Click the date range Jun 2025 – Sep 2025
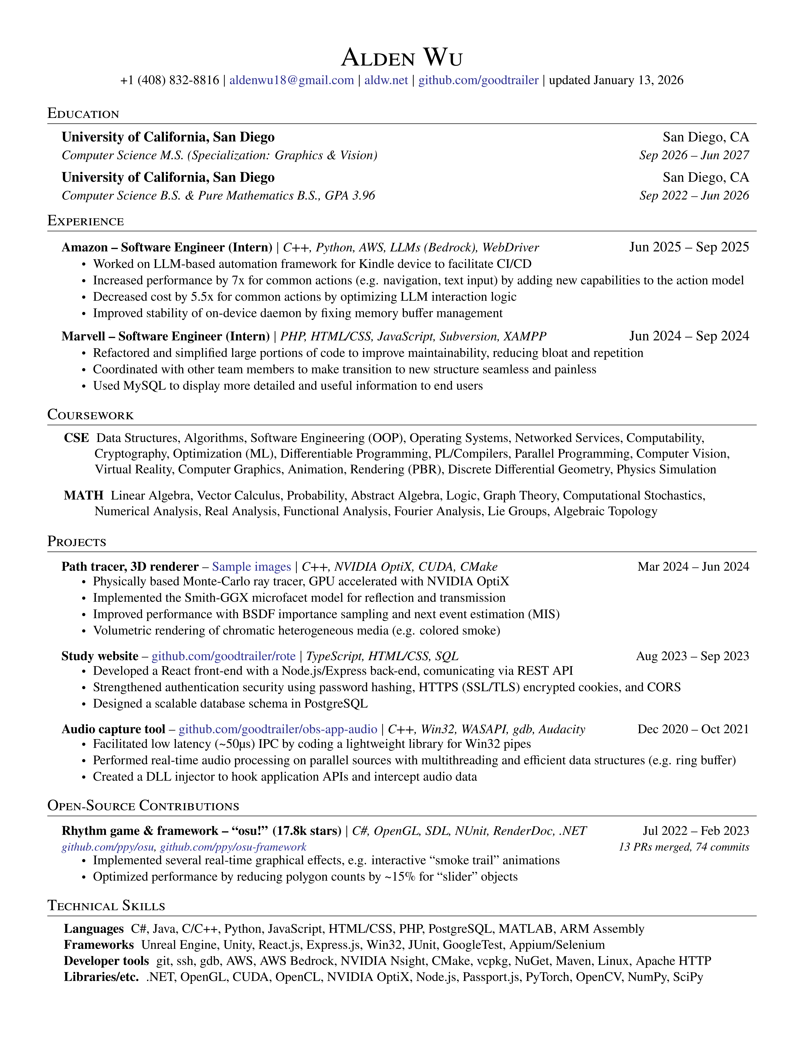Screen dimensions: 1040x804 point(689,247)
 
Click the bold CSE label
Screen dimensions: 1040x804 point(76,438)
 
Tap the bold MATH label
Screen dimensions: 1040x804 point(83,496)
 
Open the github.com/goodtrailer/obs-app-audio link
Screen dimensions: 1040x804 point(278,729)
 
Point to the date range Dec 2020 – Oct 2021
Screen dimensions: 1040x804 point(693,729)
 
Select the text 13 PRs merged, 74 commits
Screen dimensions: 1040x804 point(684,847)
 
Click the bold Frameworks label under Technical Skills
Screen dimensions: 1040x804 point(99,945)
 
